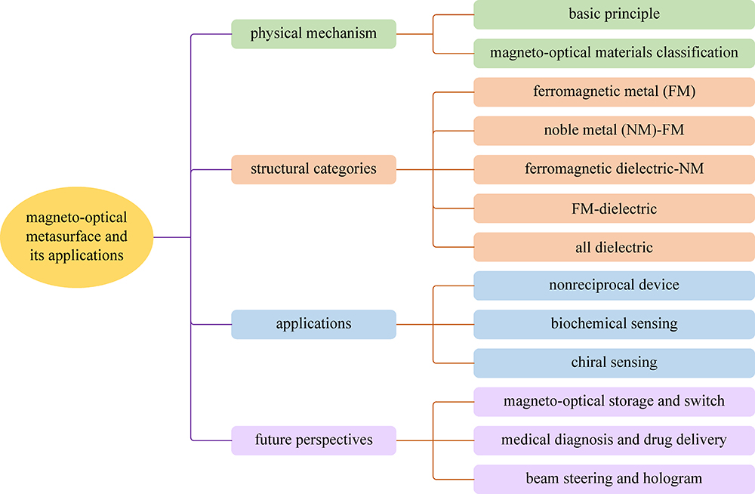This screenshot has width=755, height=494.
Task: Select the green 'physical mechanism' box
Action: pyautogui.click(x=313, y=34)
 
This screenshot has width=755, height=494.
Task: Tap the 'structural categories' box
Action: pyautogui.click(x=313, y=169)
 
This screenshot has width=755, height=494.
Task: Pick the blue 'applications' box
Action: pyautogui.click(x=313, y=324)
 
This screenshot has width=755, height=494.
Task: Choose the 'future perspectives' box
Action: pyautogui.click(x=313, y=440)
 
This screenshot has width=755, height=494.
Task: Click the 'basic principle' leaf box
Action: pyautogui.click(x=614, y=14)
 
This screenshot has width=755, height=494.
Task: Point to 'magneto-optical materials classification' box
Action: pyautogui.click(x=614, y=53)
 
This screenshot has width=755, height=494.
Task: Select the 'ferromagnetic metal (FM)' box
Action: pyautogui.click(x=614, y=92)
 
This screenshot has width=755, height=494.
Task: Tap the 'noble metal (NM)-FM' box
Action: pyautogui.click(x=614, y=131)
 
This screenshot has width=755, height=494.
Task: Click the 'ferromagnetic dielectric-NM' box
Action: pyautogui.click(x=614, y=169)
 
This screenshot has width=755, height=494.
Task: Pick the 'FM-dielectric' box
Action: pyautogui.click(x=614, y=208)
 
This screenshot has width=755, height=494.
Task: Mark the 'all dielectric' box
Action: pyautogui.click(x=614, y=247)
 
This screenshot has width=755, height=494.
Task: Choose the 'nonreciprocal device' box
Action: pyautogui.click(x=614, y=286)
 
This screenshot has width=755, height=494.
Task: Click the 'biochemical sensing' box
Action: pyautogui.click(x=614, y=324)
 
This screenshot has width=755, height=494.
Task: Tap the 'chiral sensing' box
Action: pyautogui.click(x=614, y=363)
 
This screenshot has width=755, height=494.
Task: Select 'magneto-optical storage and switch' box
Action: pyautogui.click(x=614, y=401)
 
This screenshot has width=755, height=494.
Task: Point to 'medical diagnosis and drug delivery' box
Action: pyautogui.click(x=614, y=440)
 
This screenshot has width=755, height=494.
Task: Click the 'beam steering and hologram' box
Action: pyautogui.click(x=614, y=479)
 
